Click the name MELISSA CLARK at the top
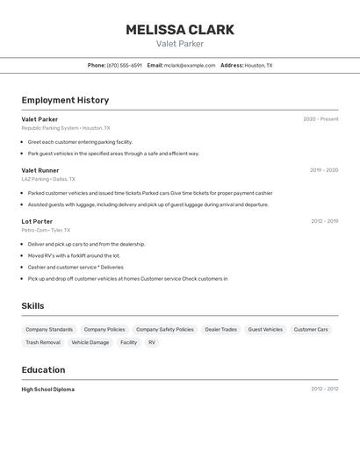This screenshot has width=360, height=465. point(179,30)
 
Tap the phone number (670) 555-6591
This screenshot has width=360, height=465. point(124,65)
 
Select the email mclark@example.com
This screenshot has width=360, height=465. point(189,65)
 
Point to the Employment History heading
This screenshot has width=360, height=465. point(65,100)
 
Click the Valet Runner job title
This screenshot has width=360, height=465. point(40,170)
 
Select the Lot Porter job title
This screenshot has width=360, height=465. point(37,221)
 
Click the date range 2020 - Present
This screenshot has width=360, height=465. point(320,119)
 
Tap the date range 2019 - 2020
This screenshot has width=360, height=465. point(323,170)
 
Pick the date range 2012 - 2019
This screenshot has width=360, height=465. point(324,221)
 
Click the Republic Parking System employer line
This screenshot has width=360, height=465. point(66,128)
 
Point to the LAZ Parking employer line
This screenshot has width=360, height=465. point(48,179)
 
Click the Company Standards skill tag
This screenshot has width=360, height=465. point(49,330)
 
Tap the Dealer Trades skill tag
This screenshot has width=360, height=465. point(220,330)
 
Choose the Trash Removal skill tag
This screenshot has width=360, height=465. point(43,342)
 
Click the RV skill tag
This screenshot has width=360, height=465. point(152,342)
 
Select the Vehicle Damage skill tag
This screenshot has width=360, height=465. point(90,342)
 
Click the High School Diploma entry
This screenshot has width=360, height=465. point(48,389)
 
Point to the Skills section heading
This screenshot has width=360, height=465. point(33,305)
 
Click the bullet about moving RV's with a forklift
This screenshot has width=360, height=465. point(74,255)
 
